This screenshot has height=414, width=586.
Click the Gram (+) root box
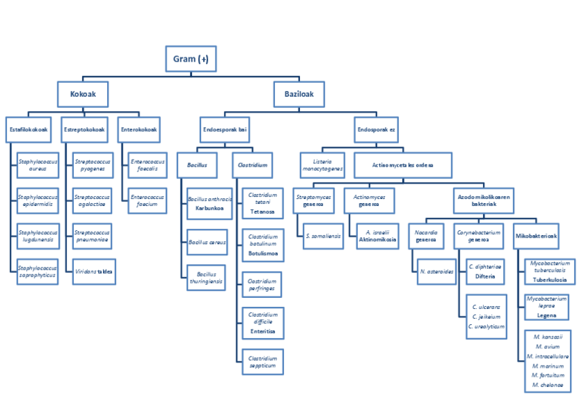(191, 59)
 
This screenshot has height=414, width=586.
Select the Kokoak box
(83, 93)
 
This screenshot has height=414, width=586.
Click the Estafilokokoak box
(28, 129)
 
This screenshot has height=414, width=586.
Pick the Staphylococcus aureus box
(38, 164)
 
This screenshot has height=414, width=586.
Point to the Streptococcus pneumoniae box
(92, 236)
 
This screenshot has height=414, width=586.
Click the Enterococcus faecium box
(148, 200)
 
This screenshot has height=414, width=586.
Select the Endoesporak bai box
(225, 129)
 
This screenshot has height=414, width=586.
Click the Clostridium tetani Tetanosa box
(262, 203)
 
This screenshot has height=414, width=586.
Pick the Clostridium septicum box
(262, 361)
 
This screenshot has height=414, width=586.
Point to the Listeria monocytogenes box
(322, 165)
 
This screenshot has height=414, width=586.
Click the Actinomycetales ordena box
(404, 165)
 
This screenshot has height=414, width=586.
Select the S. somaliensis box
(322, 236)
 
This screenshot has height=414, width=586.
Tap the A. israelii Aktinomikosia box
(377, 236)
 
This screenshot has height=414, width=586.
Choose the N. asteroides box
(436, 272)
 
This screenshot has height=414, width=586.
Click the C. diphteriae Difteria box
(485, 271)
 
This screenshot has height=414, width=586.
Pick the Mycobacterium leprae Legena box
(547, 307)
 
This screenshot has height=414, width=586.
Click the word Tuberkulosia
(550, 280)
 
